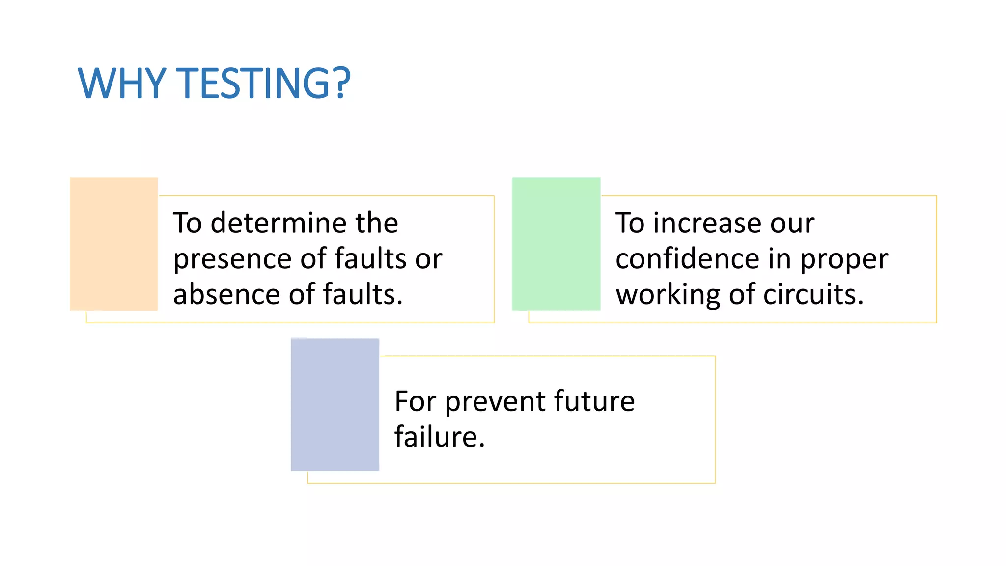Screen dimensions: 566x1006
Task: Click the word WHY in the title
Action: click(122, 83)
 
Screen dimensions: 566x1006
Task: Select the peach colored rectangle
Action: click(113, 244)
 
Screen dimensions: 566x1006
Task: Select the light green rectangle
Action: click(556, 244)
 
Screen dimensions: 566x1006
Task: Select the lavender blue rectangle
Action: click(335, 404)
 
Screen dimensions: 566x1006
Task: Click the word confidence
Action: click(688, 259)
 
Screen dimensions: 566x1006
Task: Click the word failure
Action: click(439, 437)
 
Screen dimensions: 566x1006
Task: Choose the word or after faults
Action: click(428, 259)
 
